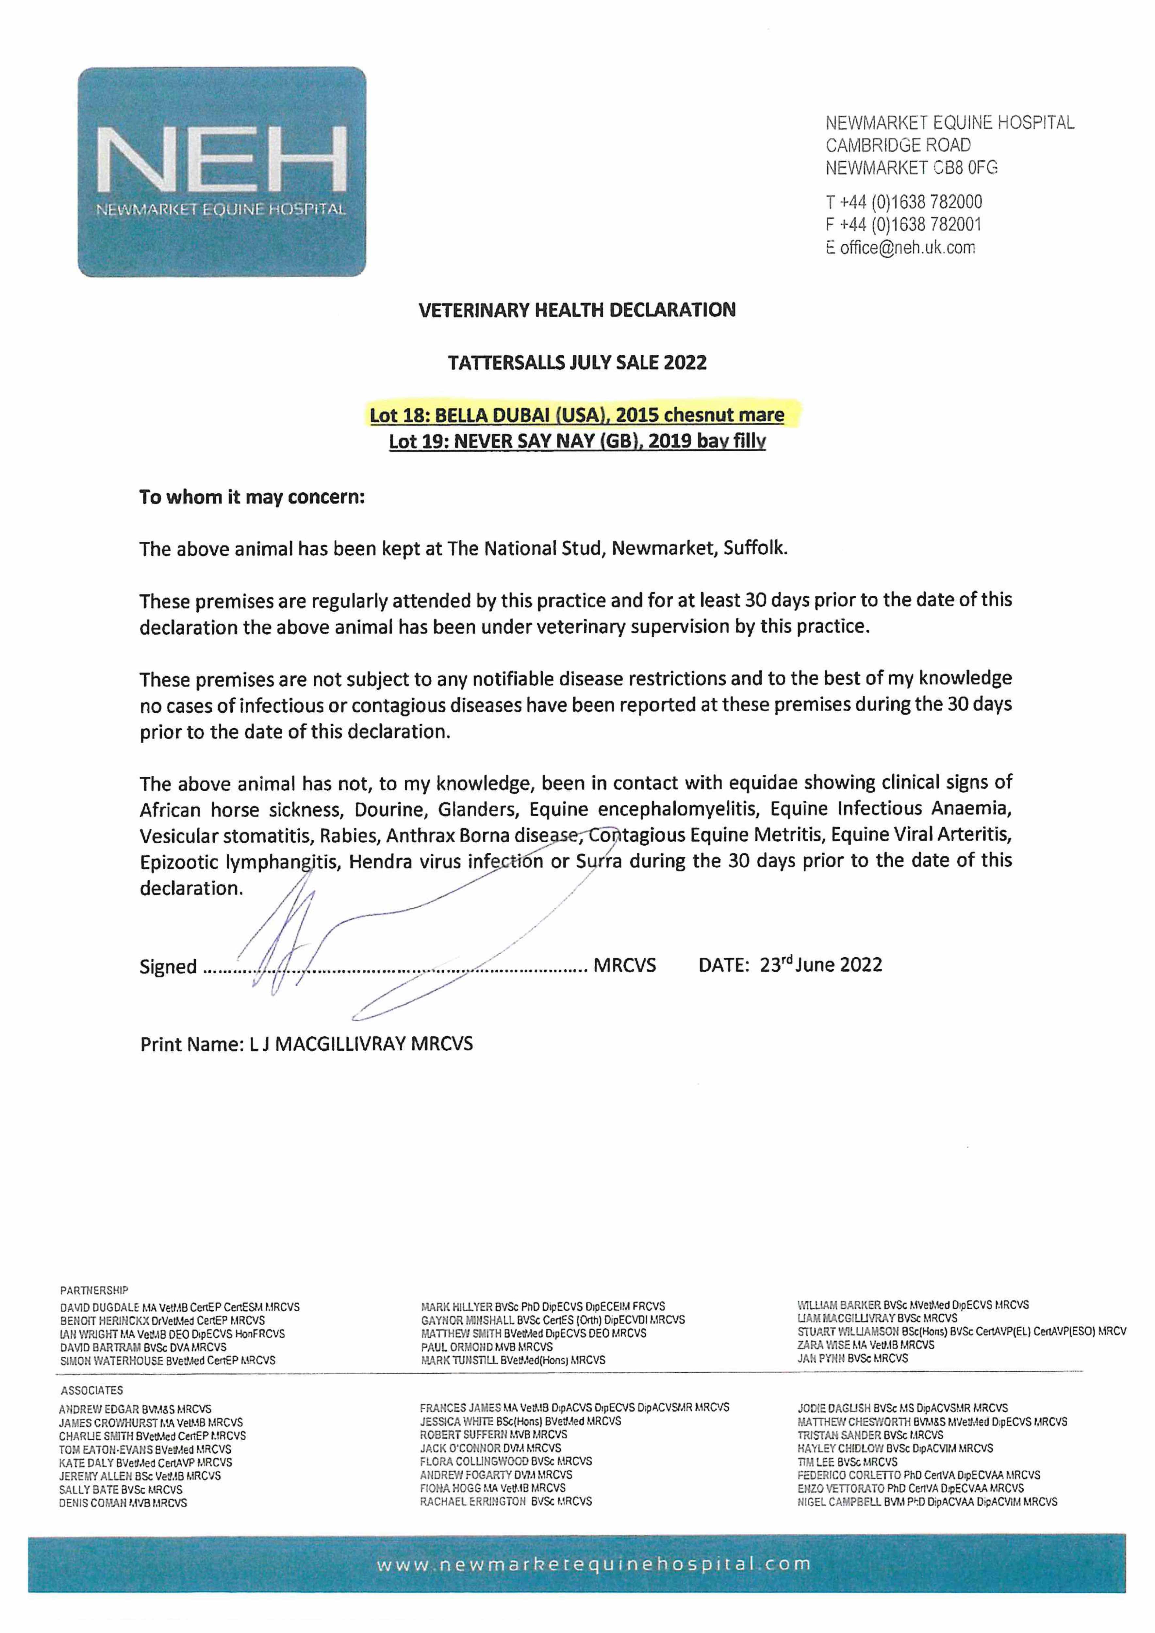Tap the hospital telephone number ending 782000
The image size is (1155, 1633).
tap(904, 202)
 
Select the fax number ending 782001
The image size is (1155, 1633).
tap(904, 225)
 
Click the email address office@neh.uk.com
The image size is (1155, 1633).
tap(907, 248)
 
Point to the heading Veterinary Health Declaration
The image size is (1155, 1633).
tap(577, 310)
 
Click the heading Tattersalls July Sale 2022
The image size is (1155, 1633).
tap(577, 363)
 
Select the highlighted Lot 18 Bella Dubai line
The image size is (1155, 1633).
tap(577, 415)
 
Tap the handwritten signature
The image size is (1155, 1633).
tap(399, 939)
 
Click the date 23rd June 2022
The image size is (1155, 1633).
tap(820, 965)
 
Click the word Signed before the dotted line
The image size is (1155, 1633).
tap(168, 966)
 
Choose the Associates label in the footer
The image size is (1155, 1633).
tap(91, 1390)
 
